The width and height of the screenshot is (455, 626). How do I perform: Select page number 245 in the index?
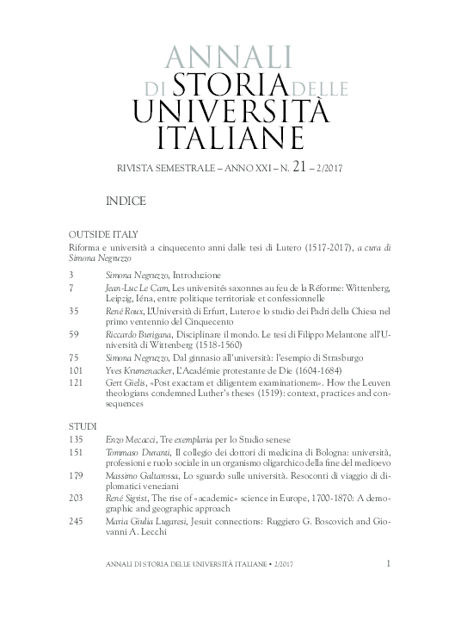coord(76,519)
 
